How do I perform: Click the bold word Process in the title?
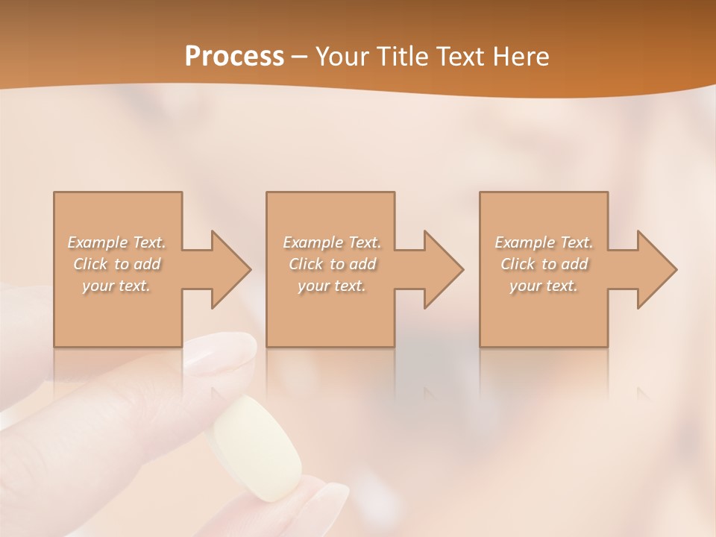point(234,57)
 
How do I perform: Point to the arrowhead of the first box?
point(228,269)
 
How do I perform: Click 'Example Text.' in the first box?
point(117,242)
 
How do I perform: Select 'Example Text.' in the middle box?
point(332,242)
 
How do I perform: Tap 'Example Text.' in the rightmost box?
point(544,242)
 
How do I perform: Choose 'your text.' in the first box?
point(116,286)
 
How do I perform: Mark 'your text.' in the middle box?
point(332,286)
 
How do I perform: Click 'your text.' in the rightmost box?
point(544,286)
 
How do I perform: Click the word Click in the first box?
point(90,264)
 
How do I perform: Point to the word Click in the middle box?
point(306,264)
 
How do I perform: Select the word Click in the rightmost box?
point(518,264)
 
